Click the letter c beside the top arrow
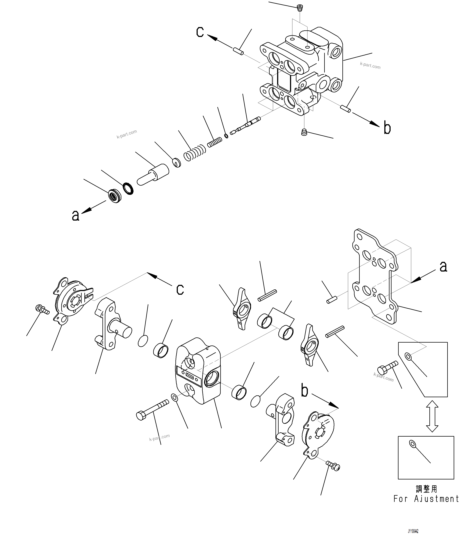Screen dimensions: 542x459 click(x=200, y=32)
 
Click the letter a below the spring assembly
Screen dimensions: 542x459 click(x=75, y=216)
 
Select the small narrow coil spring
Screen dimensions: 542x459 click(x=215, y=142)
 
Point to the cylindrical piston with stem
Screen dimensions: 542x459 click(x=153, y=174)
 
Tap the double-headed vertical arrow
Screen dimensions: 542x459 click(x=432, y=416)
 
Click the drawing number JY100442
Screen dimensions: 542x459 click(x=413, y=531)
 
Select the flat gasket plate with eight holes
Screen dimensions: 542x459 click(x=375, y=276)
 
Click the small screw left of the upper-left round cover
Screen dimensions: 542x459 click(x=42, y=309)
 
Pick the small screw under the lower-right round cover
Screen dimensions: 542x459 click(x=333, y=466)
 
